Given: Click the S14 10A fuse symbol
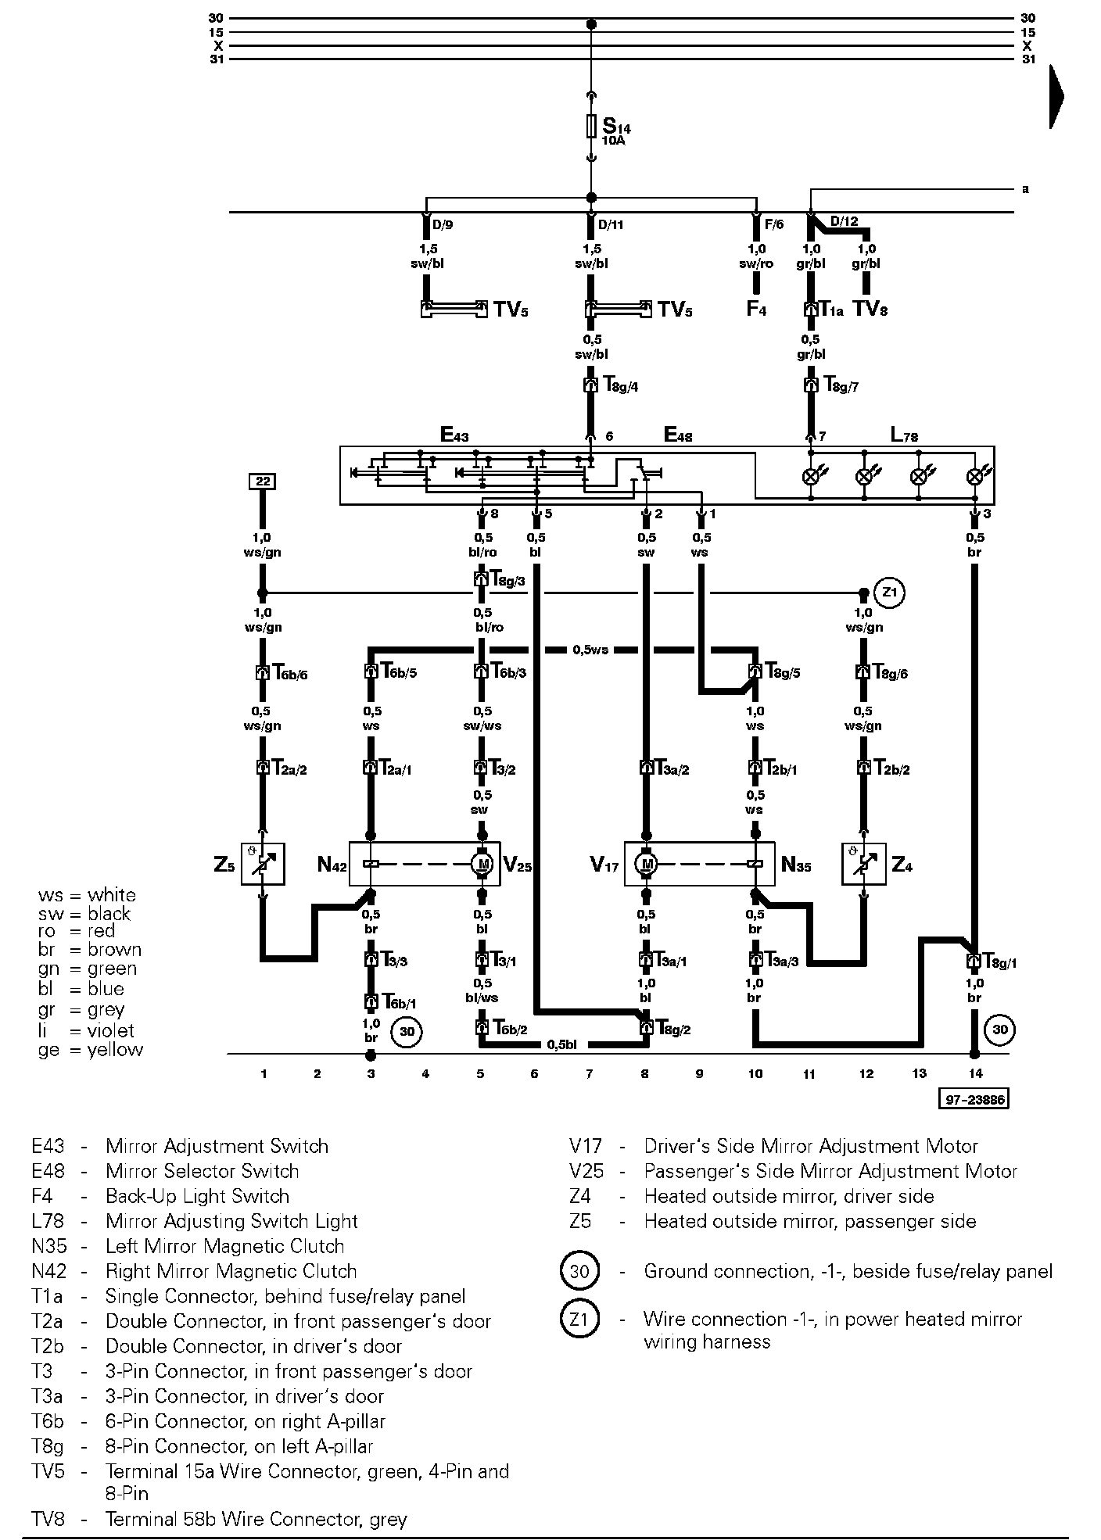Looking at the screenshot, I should [591, 127].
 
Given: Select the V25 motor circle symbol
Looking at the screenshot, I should [482, 864].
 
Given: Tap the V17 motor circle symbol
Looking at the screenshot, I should [646, 864].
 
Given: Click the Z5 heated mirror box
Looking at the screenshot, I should [262, 864].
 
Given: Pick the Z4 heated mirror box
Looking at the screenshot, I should [863, 864].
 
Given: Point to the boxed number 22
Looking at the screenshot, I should [262, 482].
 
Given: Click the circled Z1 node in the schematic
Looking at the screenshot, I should [889, 593].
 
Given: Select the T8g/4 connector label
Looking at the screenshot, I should [622, 385].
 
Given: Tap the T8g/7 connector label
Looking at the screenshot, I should [841, 385].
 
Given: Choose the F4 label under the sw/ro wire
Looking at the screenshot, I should [756, 310].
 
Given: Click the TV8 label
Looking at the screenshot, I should [870, 310].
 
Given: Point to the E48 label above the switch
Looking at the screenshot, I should [677, 435].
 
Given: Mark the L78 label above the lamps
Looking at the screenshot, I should [905, 435].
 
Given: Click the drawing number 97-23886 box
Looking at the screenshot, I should [974, 1100].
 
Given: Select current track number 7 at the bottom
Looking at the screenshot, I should [590, 1074].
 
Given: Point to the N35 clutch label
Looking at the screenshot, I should [797, 865].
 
